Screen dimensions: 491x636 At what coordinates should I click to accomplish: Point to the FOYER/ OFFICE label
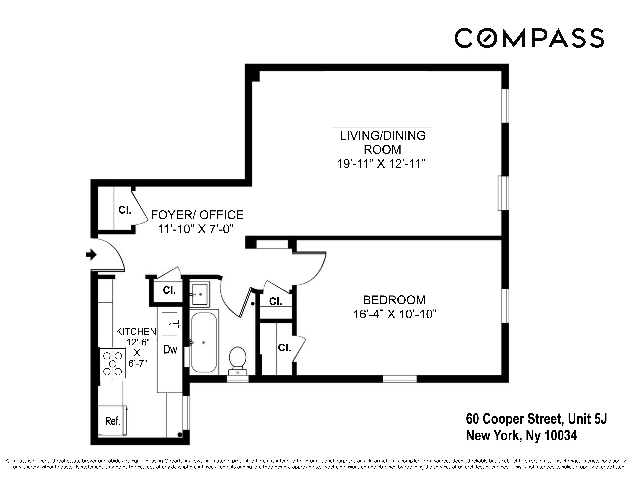pyautogui.click(x=197, y=215)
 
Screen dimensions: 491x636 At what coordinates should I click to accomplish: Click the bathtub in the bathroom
pyautogui.click(x=204, y=342)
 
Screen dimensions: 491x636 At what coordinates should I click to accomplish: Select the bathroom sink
pyautogui.click(x=200, y=294)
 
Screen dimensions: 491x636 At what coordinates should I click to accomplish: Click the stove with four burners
pyautogui.click(x=113, y=364)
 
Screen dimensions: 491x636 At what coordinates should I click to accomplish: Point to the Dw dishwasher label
pyautogui.click(x=170, y=349)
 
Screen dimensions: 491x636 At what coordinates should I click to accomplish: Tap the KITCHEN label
pyautogui.click(x=136, y=331)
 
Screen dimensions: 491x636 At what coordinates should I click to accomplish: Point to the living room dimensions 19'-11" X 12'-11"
pyautogui.click(x=381, y=164)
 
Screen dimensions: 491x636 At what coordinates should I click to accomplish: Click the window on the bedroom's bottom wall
pyautogui.click(x=400, y=379)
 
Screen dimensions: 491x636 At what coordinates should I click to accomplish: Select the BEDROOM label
pyautogui.click(x=394, y=300)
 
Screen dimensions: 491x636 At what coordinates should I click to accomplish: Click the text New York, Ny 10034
pyautogui.click(x=521, y=435)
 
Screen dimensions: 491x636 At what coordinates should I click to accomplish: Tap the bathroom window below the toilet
pyautogui.click(x=238, y=379)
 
